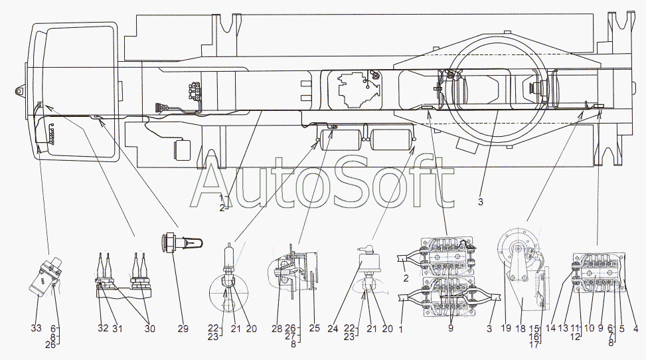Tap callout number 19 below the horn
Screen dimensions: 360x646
tap(507, 328)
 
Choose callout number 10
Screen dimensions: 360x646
tap(589, 328)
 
